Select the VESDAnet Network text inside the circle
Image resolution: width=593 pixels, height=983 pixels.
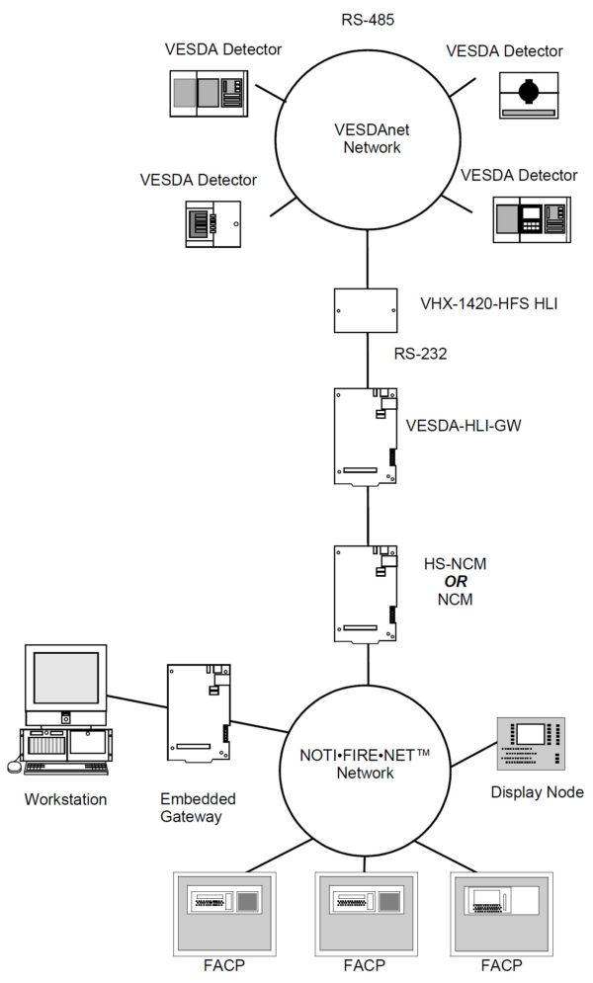pos(367,138)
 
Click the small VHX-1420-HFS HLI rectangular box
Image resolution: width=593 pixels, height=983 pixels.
pos(367,309)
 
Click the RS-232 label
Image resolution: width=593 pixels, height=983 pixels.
pos(422,353)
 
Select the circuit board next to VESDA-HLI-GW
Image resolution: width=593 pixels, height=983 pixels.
pos(367,435)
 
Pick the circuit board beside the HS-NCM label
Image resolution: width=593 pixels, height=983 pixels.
pos(367,592)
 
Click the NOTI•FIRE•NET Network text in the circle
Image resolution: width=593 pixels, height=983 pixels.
pos(367,764)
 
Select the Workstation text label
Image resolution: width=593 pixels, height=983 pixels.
pos(65,799)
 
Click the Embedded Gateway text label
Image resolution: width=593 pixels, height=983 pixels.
pos(198,808)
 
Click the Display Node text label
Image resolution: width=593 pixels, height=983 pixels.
pos(538,792)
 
